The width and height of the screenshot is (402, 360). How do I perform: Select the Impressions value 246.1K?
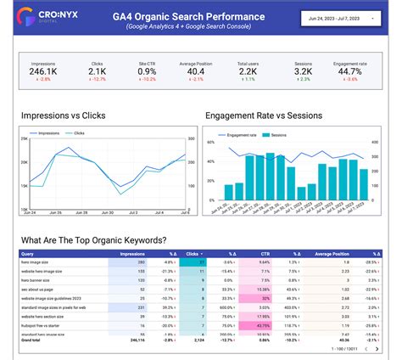[x=43, y=72]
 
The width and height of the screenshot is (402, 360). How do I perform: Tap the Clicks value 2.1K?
[x=96, y=72]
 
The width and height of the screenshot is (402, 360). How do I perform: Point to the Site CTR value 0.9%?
[x=147, y=72]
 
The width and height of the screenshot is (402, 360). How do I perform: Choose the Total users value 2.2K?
[x=249, y=72]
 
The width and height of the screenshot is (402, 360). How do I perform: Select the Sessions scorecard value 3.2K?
[x=303, y=72]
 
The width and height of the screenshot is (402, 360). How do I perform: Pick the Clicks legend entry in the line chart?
[x=79, y=133]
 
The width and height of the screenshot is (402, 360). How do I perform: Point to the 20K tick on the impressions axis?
[x=25, y=162]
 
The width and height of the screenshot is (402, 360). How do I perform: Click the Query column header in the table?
[x=28, y=253]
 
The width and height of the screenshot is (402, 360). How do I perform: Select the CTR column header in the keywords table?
[x=265, y=253]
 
